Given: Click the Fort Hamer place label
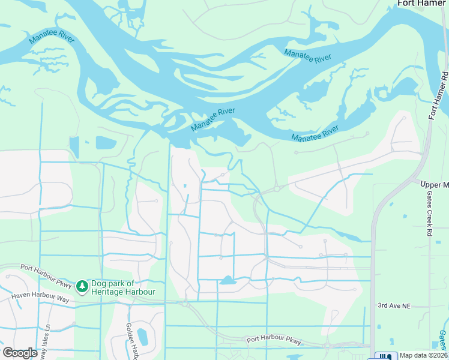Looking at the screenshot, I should point(423,4).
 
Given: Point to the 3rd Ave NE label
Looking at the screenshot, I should point(393,306).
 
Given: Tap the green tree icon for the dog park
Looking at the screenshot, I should point(82,287).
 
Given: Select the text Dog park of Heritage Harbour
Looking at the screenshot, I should point(123,287).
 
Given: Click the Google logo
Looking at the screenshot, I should point(20,353).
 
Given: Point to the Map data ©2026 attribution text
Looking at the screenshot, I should point(423,355).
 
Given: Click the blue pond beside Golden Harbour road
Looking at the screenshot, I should point(142,337).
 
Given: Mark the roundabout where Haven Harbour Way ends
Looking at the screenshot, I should point(185,304).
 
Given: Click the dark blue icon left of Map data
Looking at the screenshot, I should point(384,356).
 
